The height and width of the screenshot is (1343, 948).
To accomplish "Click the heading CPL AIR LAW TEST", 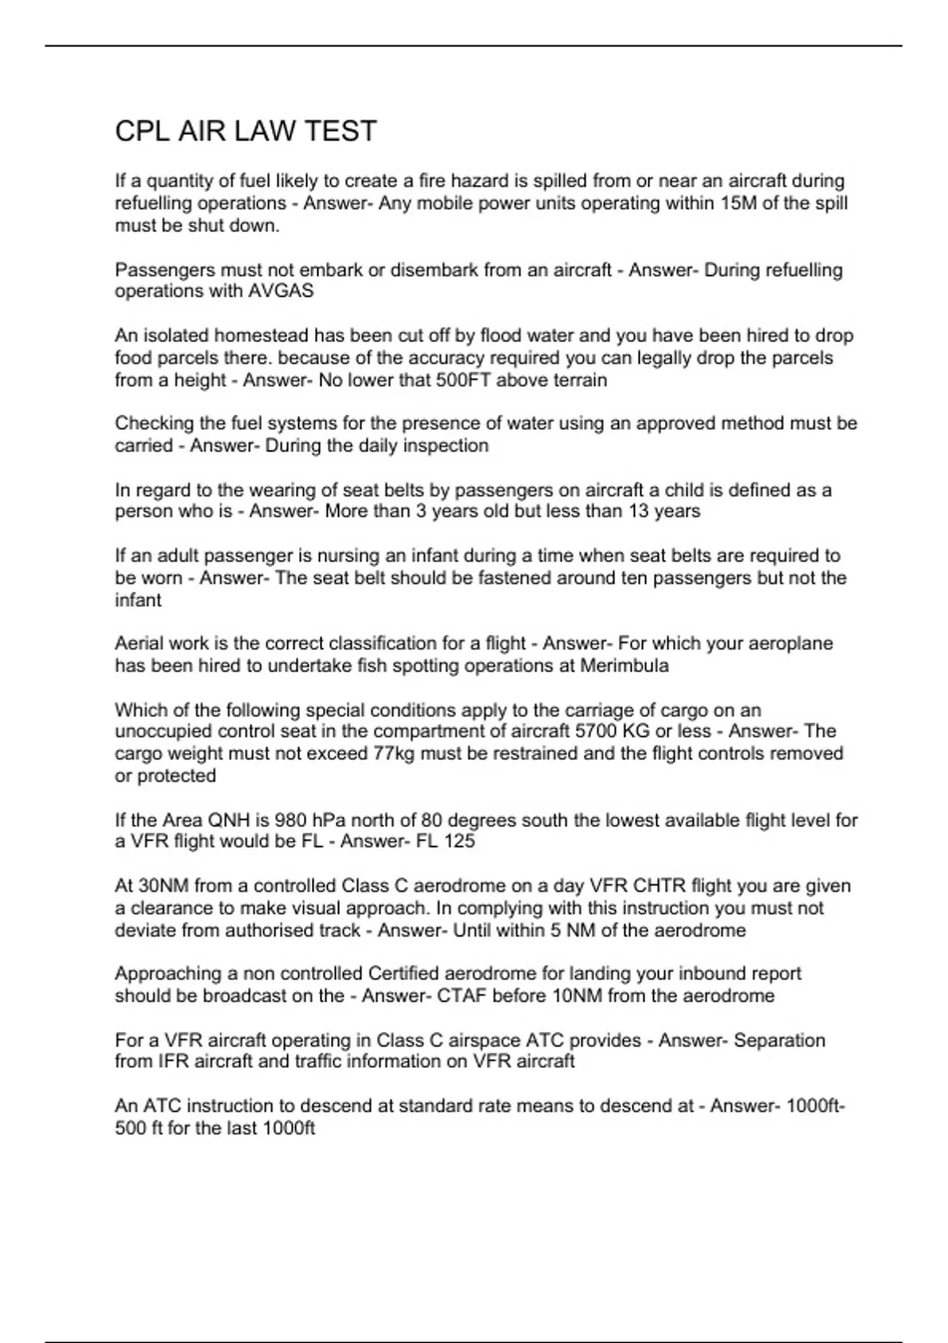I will coord(246,131).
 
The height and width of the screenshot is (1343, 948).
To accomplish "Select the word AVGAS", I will coord(281,292).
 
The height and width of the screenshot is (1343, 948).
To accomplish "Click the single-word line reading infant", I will coord(137,600).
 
